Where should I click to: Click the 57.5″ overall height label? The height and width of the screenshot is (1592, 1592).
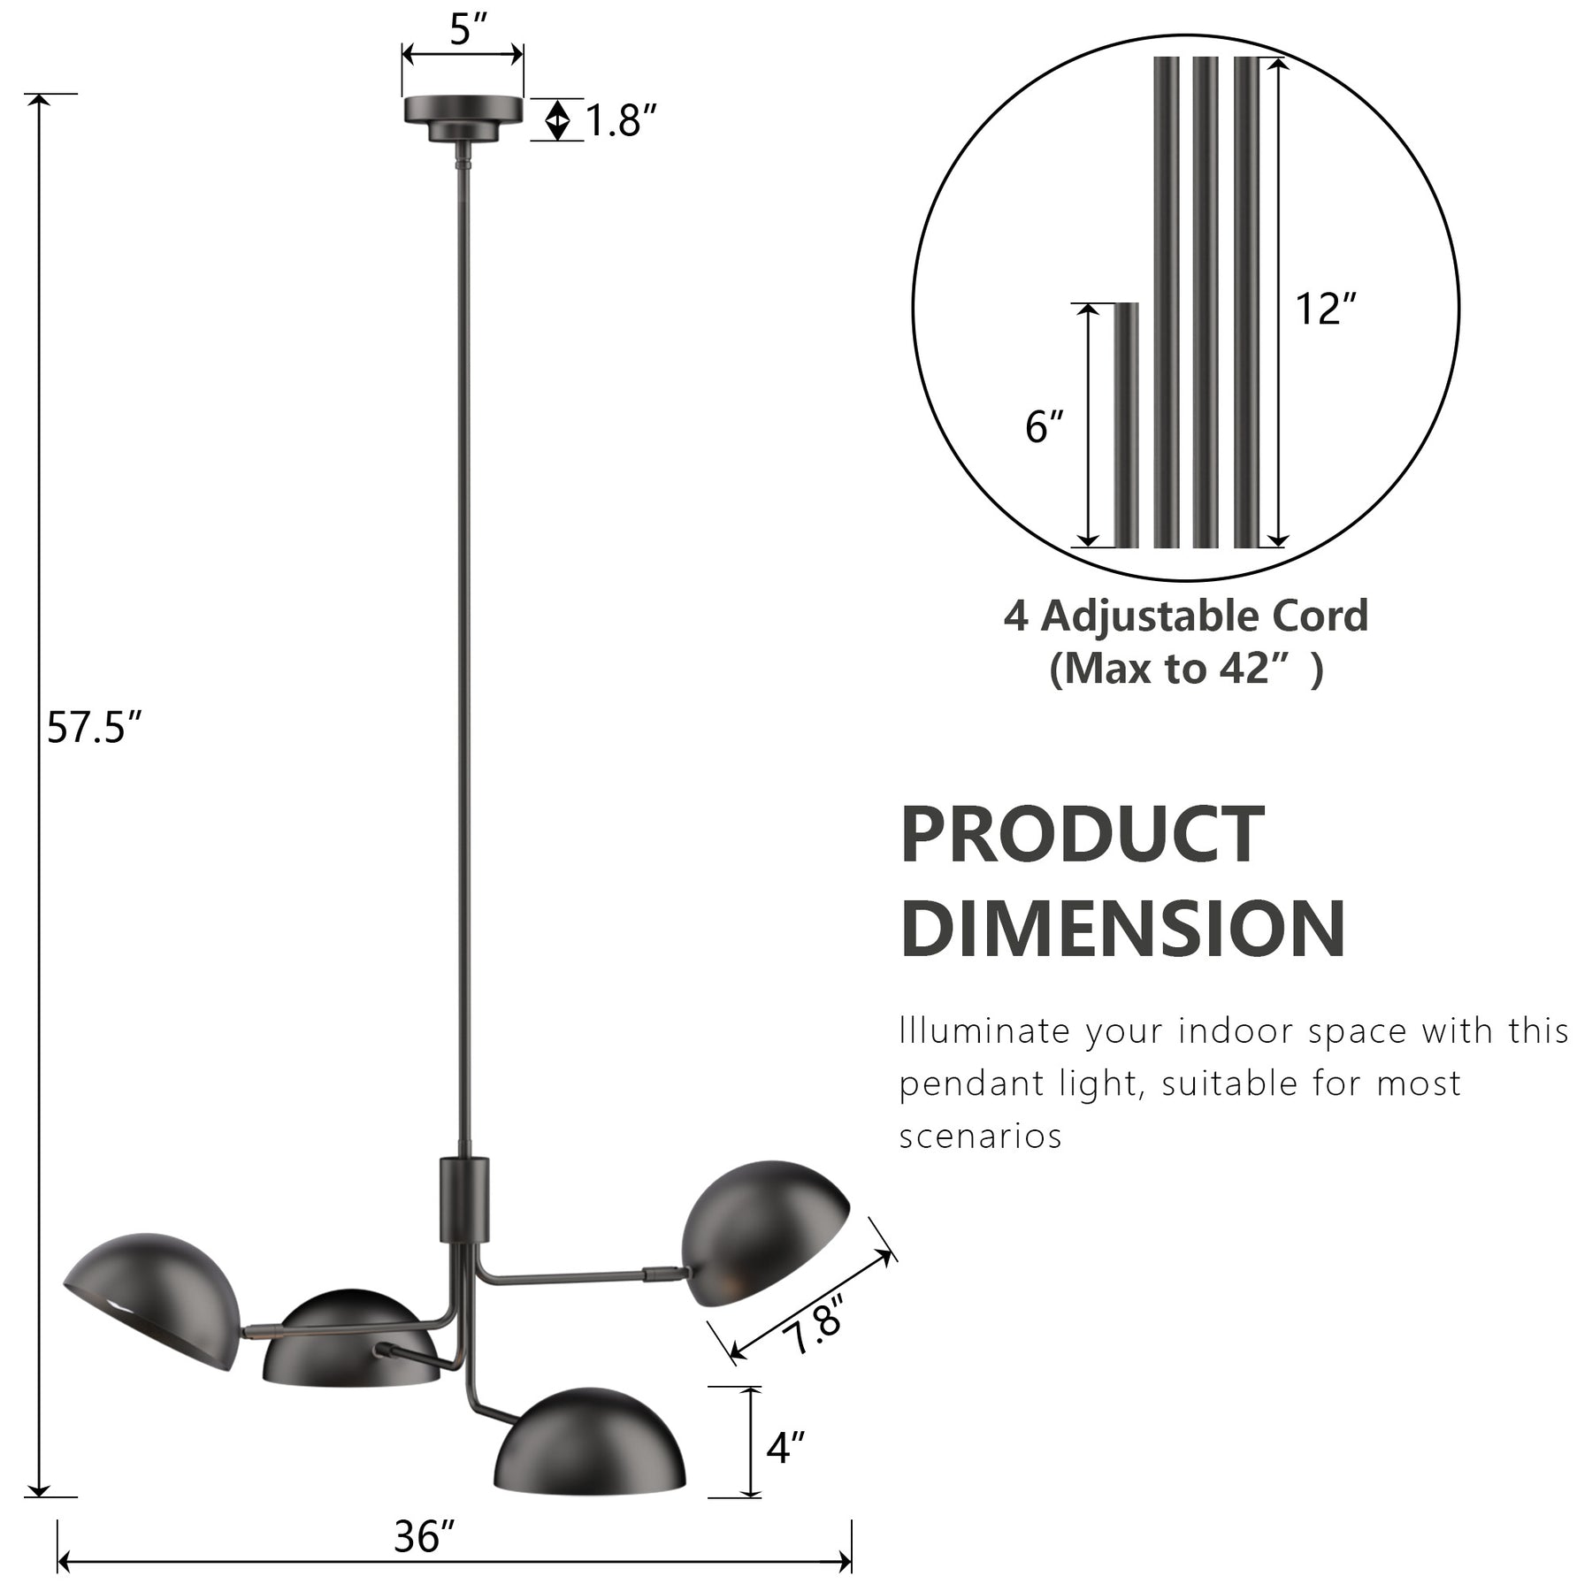point(94,729)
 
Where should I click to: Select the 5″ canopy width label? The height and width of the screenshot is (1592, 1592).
point(469,30)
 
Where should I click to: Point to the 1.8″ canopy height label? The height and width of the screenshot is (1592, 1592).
point(622,120)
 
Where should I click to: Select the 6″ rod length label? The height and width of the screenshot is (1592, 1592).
point(1044,427)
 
